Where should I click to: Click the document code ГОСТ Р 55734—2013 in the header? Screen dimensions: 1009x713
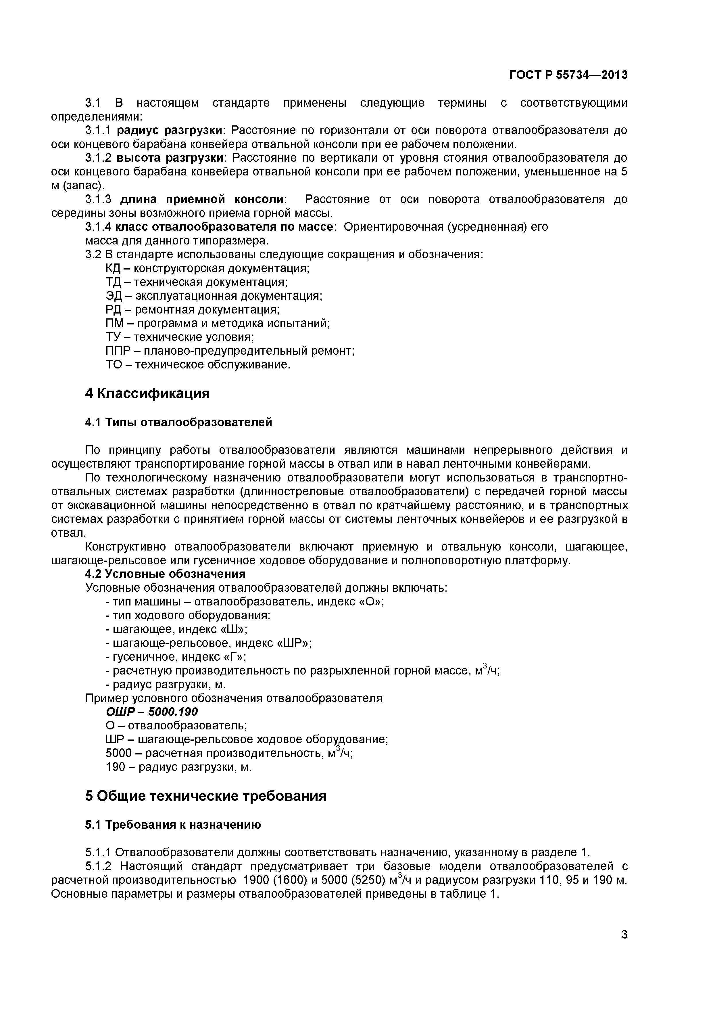tap(568, 75)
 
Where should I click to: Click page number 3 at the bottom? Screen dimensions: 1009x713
tap(624, 947)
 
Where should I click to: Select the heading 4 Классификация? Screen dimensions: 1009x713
tap(147, 393)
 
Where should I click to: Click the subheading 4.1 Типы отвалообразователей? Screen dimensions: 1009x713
tap(178, 422)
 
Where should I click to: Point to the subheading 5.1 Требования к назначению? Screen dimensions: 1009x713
tap(172, 825)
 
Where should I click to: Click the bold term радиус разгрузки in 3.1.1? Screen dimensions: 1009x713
tap(170, 131)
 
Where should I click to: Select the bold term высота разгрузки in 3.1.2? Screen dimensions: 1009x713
tap(170, 158)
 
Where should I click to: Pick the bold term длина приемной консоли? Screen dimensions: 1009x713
tap(202, 200)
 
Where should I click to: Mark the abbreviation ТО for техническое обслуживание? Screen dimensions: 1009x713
tap(113, 365)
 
